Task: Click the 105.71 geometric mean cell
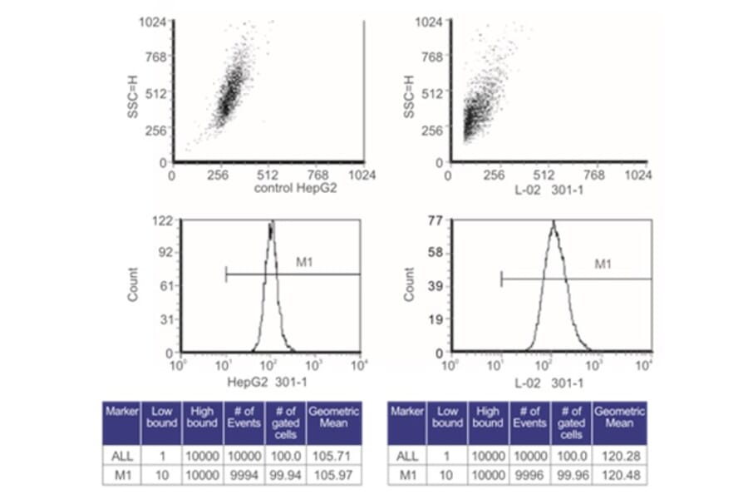[334, 456]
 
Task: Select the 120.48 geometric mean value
[619, 475]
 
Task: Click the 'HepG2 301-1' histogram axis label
[249, 383]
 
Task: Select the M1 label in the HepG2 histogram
[304, 264]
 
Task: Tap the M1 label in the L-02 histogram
[603, 265]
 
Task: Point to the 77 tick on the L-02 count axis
[433, 221]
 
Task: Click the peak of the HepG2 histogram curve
[271, 223]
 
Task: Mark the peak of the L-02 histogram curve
[552, 223]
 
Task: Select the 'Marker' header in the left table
[121, 413]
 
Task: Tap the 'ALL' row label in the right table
[406, 456]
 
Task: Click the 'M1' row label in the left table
[121, 475]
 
